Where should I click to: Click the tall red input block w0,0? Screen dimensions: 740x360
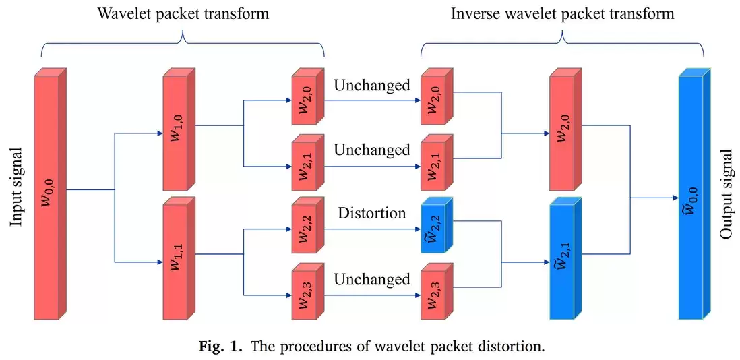click(50, 193)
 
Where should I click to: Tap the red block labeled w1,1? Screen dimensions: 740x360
click(178, 259)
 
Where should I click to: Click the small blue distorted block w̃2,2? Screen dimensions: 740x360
click(437, 229)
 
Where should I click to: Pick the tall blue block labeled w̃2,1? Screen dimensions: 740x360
click(565, 259)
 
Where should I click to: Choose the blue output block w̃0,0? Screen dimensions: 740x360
click(694, 193)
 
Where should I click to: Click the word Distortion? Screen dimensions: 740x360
click(372, 213)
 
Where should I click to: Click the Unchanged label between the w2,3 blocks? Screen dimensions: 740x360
click(372, 279)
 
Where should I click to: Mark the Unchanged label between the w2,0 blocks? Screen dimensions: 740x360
click(372, 86)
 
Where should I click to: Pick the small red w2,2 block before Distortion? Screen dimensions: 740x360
click(308, 229)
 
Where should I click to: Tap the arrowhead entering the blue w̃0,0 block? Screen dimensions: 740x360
click(675, 198)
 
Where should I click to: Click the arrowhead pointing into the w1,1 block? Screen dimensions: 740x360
click(159, 261)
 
